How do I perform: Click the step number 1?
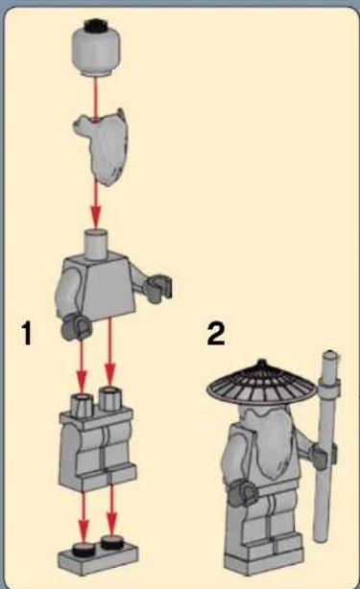(27, 333)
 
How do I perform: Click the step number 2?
(216, 334)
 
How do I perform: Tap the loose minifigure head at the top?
(96, 47)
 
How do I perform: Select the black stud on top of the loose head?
(96, 24)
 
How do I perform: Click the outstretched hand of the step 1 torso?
(159, 289)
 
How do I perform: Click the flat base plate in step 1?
(98, 557)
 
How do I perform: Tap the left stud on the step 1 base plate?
(84, 549)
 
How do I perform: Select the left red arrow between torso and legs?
(82, 364)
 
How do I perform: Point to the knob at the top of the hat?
(261, 364)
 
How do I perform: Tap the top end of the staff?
(330, 355)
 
